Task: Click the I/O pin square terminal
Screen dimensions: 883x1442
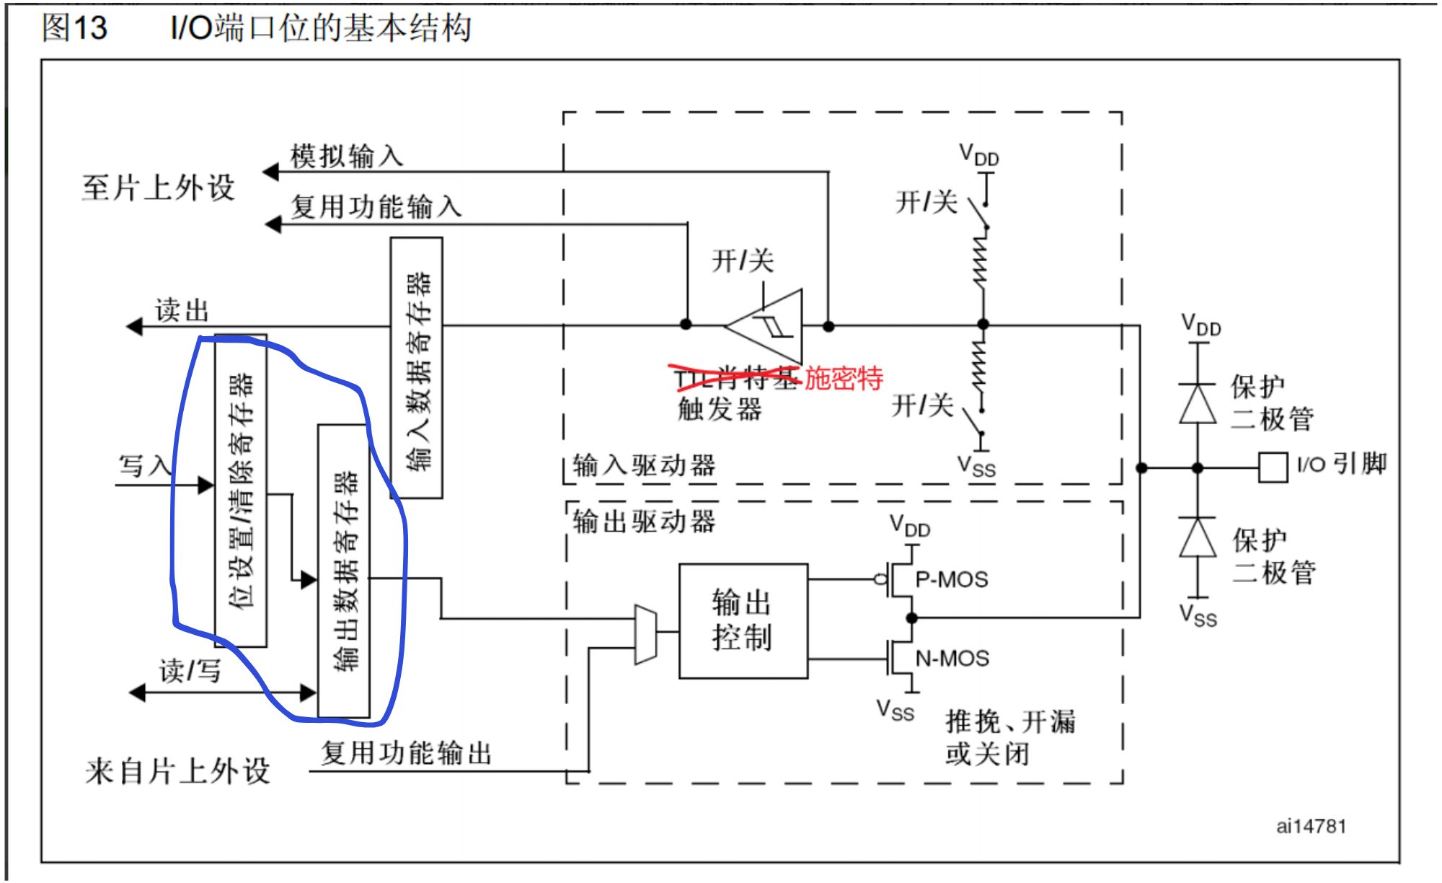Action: (x=1273, y=467)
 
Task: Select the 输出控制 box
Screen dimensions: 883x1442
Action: (x=743, y=620)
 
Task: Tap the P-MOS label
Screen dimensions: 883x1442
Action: (x=952, y=579)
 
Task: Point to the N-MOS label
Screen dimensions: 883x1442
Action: (x=952, y=658)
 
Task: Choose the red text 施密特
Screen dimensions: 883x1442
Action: (x=844, y=378)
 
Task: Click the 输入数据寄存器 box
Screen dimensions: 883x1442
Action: (x=417, y=368)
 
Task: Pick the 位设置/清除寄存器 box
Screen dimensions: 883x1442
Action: (x=241, y=491)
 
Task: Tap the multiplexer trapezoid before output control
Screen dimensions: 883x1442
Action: (x=645, y=634)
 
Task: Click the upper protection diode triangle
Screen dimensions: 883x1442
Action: (x=1198, y=404)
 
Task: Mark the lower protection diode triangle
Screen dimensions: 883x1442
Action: (x=1198, y=537)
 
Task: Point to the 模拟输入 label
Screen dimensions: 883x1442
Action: (x=346, y=156)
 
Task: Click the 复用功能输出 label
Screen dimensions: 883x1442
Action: (x=406, y=753)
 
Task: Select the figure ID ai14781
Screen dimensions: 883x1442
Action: (x=1311, y=826)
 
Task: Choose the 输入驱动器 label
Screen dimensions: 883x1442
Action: (x=644, y=465)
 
